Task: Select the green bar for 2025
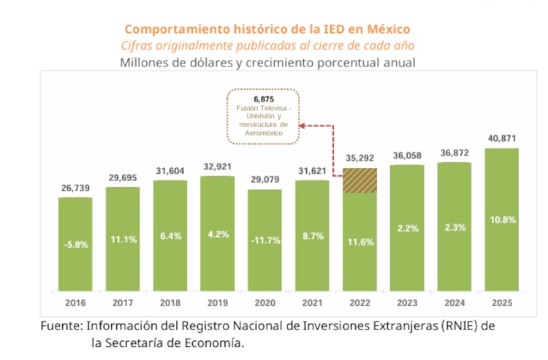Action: tap(501, 219)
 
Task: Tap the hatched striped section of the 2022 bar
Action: tap(359, 180)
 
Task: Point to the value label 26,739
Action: tap(75, 188)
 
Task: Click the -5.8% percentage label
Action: tap(75, 245)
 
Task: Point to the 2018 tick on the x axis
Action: tap(170, 301)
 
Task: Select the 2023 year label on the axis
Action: tap(406, 301)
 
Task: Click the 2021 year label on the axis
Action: tap(312, 301)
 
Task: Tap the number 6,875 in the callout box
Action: tap(263, 99)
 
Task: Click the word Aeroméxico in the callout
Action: tap(263, 133)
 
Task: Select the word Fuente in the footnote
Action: tap(60, 326)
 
